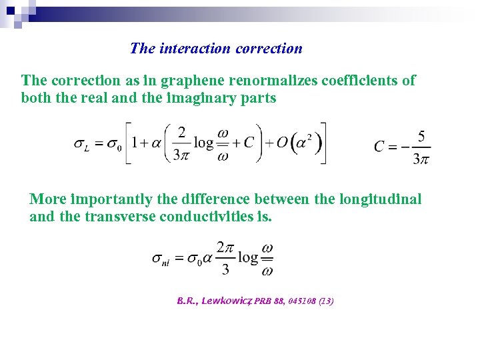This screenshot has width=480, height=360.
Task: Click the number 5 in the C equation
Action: click(421, 136)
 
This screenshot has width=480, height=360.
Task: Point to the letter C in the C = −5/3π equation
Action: click(379, 146)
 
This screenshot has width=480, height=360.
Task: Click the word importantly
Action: click(108, 199)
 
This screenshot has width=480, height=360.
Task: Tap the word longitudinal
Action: click(381, 199)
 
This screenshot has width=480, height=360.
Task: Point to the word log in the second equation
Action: click(248, 257)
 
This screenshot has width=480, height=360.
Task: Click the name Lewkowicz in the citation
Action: click(228, 301)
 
